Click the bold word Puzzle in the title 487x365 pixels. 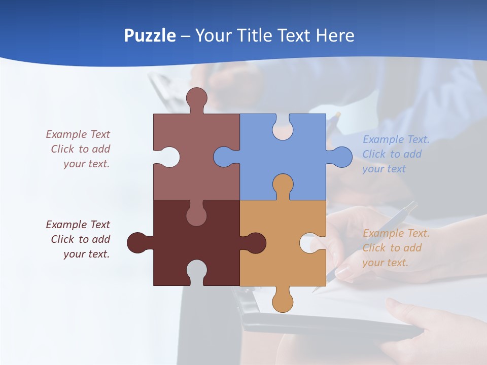(150, 36)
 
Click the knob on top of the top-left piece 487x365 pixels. (196, 98)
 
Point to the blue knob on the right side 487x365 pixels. (341, 157)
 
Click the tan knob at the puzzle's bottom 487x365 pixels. (283, 301)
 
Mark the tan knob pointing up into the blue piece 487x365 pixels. (283, 185)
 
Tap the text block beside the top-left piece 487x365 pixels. (79, 149)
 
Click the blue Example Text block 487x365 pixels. (396, 154)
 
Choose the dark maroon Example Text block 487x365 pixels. (79, 239)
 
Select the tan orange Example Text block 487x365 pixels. (396, 248)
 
